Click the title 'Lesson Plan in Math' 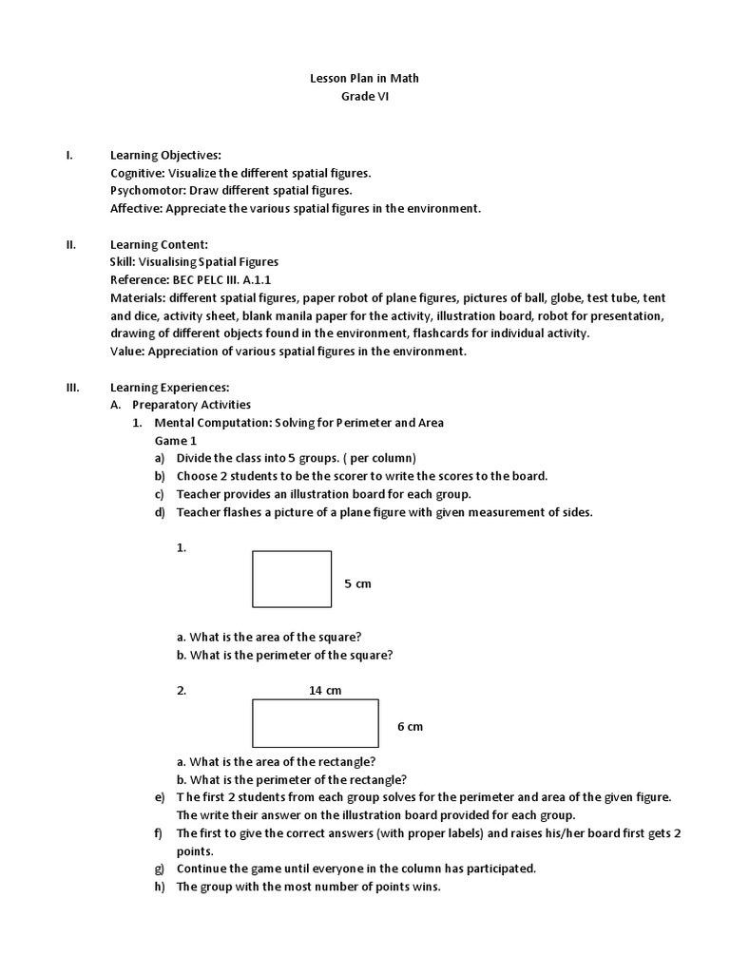365,78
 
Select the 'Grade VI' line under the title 365,96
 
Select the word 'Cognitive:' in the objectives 138,174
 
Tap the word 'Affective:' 136,208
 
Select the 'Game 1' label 176,441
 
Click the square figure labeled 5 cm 292,579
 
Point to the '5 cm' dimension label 357,583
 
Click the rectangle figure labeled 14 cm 315,723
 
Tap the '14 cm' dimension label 325,691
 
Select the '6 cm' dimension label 410,727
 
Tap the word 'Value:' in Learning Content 126,351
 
